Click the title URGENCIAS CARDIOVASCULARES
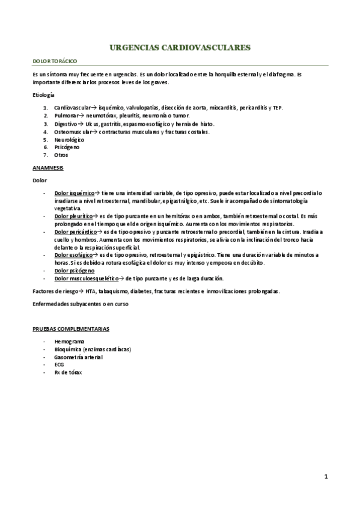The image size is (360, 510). pyautogui.click(x=181, y=46)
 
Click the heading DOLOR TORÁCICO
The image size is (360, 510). pyautogui.click(x=55, y=61)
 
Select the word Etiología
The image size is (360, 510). pyautogui.click(x=43, y=96)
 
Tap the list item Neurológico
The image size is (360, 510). pyautogui.click(x=69, y=139)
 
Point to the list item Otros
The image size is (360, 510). pyautogui.click(x=61, y=155)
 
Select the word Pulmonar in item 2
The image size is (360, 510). pyautogui.click(x=66, y=115)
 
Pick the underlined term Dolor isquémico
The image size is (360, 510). pyautogui.click(x=75, y=193)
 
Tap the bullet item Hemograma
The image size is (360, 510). pyautogui.click(x=69, y=342)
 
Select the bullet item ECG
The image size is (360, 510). pyautogui.click(x=59, y=364)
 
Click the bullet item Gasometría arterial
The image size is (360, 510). pyautogui.click(x=78, y=357)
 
